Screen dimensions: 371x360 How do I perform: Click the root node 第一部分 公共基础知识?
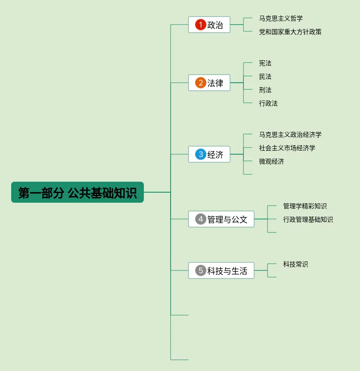77,192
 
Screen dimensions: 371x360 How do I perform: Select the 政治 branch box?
209,25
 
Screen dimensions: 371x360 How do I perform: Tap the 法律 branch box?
209,83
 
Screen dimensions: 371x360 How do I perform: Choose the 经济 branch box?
209,154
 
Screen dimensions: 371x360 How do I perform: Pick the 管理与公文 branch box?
221,219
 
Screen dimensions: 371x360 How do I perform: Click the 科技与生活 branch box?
221,270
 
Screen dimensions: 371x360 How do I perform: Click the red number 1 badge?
201,25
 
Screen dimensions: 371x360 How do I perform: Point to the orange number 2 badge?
201,83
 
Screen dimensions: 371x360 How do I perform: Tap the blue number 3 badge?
201,155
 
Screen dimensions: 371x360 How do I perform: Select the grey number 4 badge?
201,219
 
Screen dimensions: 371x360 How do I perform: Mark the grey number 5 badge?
201,270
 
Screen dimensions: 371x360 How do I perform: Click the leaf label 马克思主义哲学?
280,18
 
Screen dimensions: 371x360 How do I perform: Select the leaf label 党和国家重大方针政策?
290,32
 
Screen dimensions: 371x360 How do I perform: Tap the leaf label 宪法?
265,63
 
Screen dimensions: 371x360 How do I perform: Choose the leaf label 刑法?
265,90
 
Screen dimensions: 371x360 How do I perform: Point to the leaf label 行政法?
268,103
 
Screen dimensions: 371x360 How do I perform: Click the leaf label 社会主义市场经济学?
287,148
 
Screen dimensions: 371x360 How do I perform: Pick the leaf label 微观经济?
271,161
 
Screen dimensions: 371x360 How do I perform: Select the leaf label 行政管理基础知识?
308,219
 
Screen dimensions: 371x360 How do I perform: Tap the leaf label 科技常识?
295,264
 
